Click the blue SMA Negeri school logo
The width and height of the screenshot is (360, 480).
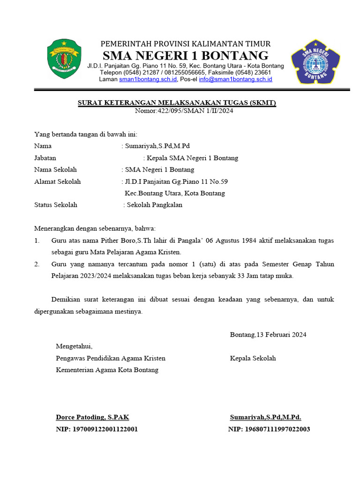pyautogui.click(x=315, y=60)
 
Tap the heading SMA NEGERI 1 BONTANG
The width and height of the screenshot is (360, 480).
pyautogui.click(x=186, y=55)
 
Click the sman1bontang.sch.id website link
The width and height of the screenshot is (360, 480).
pyautogui.click(x=148, y=80)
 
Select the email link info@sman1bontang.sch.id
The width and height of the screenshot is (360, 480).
pyautogui.click(x=235, y=80)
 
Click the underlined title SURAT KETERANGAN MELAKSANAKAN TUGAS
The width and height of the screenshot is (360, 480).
pyautogui.click(x=176, y=103)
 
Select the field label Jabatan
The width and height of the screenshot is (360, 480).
pyautogui.click(x=45, y=158)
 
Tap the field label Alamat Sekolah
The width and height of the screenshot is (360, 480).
pyautogui.click(x=57, y=181)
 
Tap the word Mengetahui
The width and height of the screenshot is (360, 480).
pyautogui.click(x=74, y=346)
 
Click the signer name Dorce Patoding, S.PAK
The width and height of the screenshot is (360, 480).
pyautogui.click(x=92, y=417)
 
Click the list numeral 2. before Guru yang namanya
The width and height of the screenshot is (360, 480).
pyautogui.click(x=37, y=264)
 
